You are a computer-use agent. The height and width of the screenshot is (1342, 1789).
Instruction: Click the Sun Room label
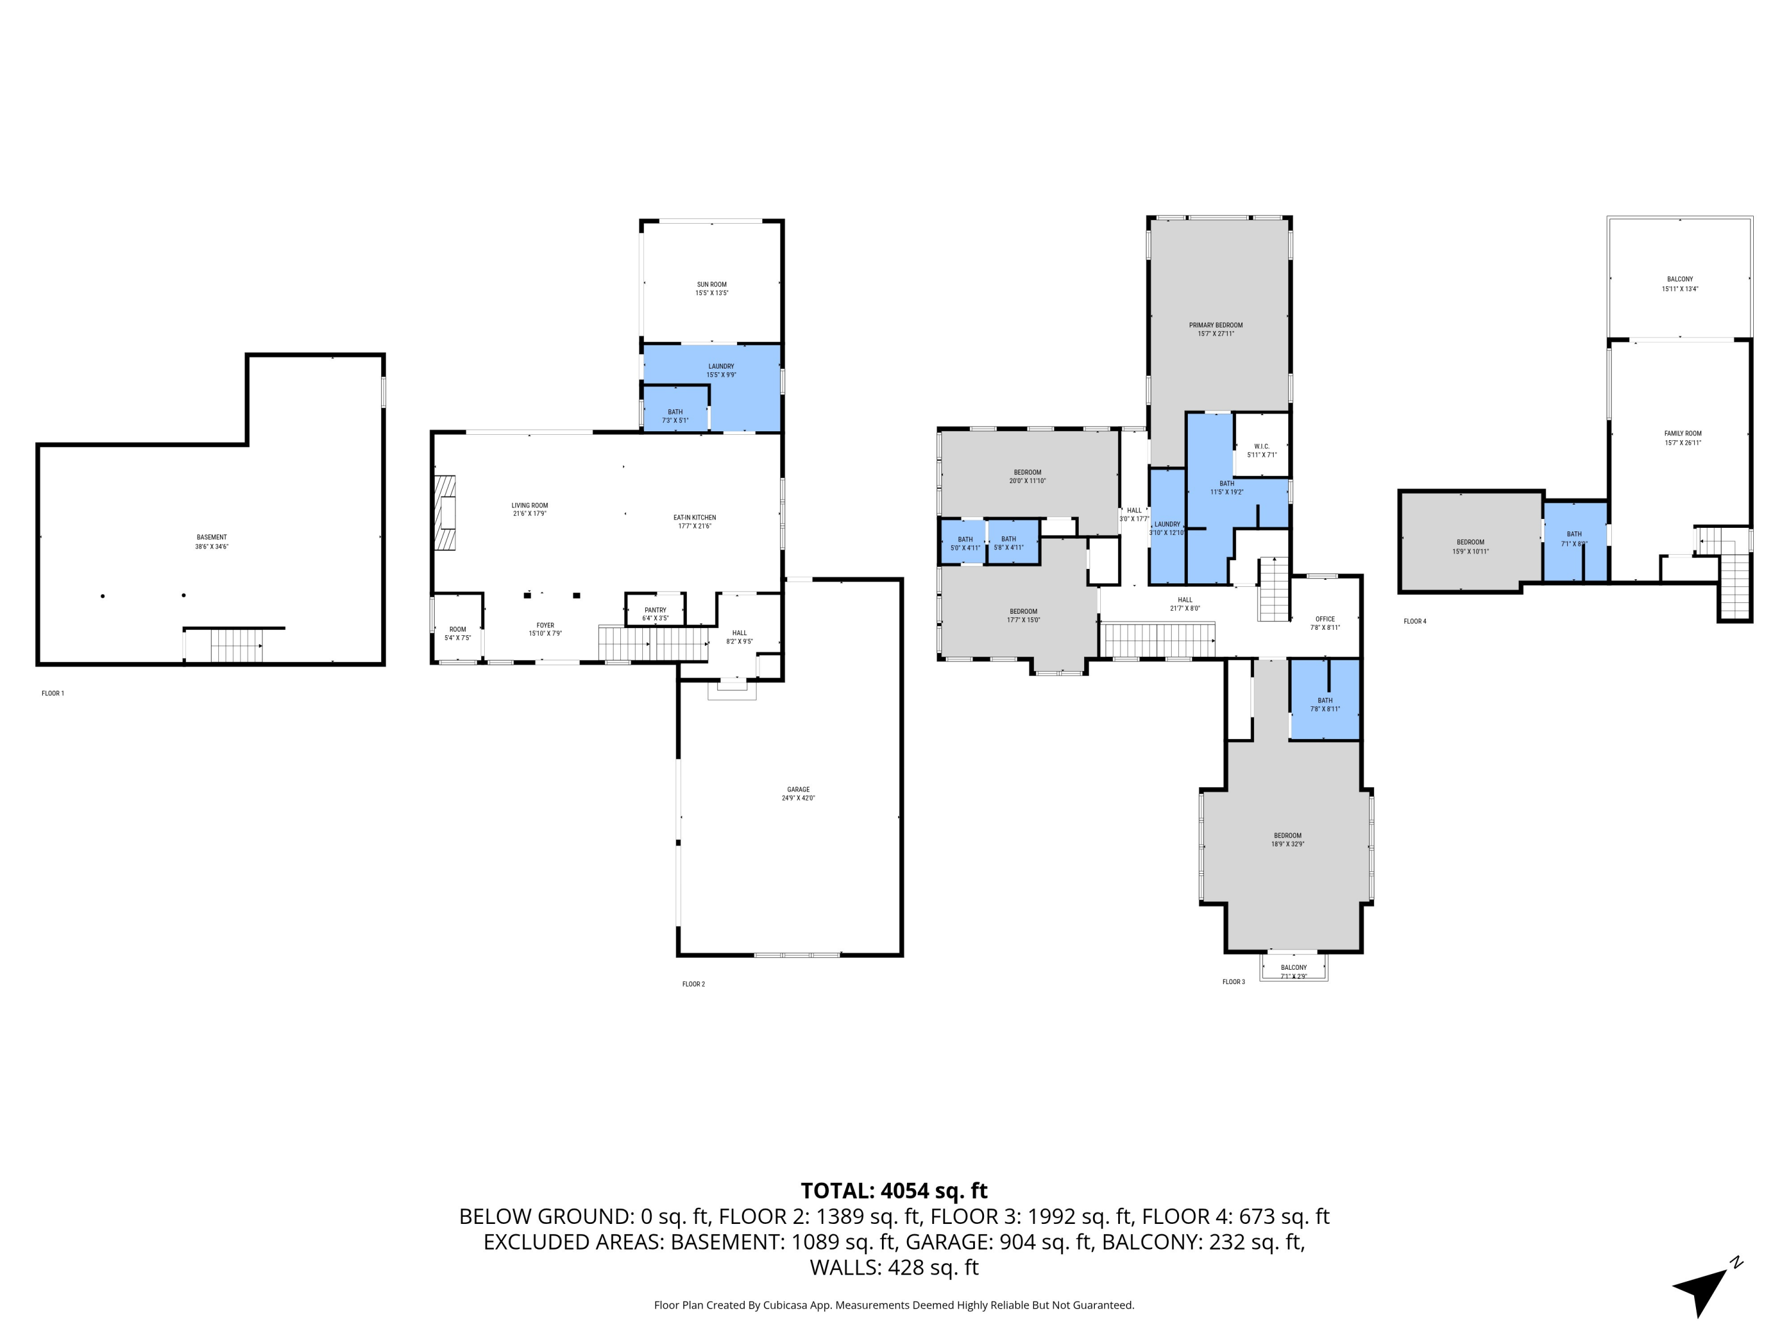(711, 285)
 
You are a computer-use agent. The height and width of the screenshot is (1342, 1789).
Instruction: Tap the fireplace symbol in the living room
(445, 514)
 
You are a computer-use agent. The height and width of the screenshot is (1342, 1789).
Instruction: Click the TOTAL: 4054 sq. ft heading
(894, 1191)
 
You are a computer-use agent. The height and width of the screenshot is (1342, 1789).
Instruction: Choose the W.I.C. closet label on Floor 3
(1262, 447)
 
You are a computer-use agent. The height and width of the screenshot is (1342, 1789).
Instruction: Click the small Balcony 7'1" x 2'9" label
(1294, 968)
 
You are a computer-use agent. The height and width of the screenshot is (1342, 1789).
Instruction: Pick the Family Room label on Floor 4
(1683, 434)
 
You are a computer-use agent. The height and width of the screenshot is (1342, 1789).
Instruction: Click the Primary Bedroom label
(1215, 325)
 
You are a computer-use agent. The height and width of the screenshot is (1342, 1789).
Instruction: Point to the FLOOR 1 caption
(52, 693)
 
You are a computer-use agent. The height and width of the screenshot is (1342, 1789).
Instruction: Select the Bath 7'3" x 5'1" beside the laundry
(675, 413)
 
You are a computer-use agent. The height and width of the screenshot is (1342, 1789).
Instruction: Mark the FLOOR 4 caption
(1415, 621)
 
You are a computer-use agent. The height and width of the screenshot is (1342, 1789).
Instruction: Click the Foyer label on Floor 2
(545, 625)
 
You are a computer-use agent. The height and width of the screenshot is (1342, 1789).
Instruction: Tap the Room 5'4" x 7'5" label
(458, 629)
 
